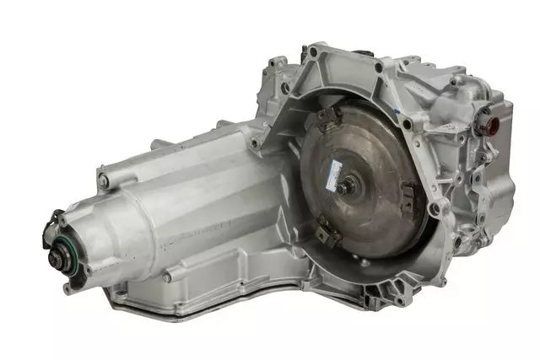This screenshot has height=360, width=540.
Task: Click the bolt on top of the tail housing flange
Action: click(102, 180)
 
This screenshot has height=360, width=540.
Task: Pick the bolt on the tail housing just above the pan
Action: click(166, 276)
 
